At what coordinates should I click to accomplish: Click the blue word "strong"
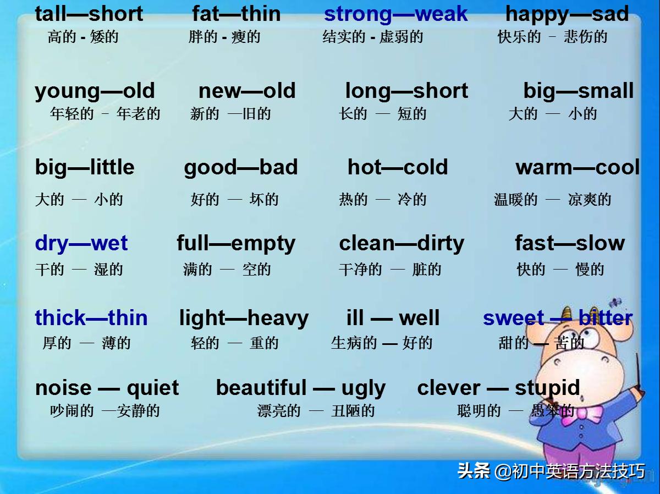[x=358, y=15]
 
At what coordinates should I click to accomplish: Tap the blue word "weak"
[x=441, y=14]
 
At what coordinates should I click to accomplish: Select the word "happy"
[x=536, y=15]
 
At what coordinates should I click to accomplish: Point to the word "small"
[x=606, y=90]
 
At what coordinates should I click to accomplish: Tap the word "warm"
[x=543, y=168]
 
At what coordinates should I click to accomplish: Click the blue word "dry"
[x=52, y=244]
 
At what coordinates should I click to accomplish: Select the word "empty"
[x=263, y=244]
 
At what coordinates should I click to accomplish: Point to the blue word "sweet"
[x=513, y=318]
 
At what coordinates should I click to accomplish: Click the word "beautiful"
[x=261, y=387]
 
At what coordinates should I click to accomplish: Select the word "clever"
[x=449, y=387]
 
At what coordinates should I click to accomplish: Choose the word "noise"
[x=63, y=388]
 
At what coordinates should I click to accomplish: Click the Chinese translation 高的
[x=62, y=37]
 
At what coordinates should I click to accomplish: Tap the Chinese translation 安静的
[x=138, y=411]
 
